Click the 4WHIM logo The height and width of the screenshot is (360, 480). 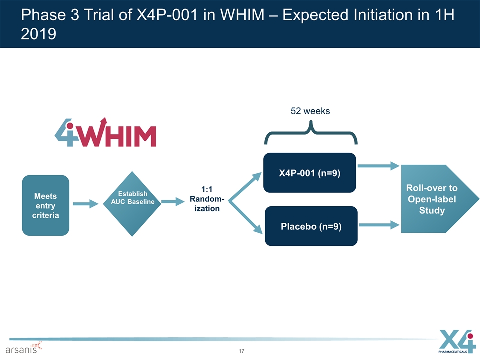tap(105, 132)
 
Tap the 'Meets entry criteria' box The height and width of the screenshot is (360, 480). tap(45, 205)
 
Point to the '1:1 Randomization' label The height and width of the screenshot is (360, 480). tap(207, 199)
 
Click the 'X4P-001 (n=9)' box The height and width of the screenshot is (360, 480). tap(310, 173)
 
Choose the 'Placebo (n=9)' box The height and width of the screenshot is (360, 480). tap(311, 226)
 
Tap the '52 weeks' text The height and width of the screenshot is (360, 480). tap(310, 111)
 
